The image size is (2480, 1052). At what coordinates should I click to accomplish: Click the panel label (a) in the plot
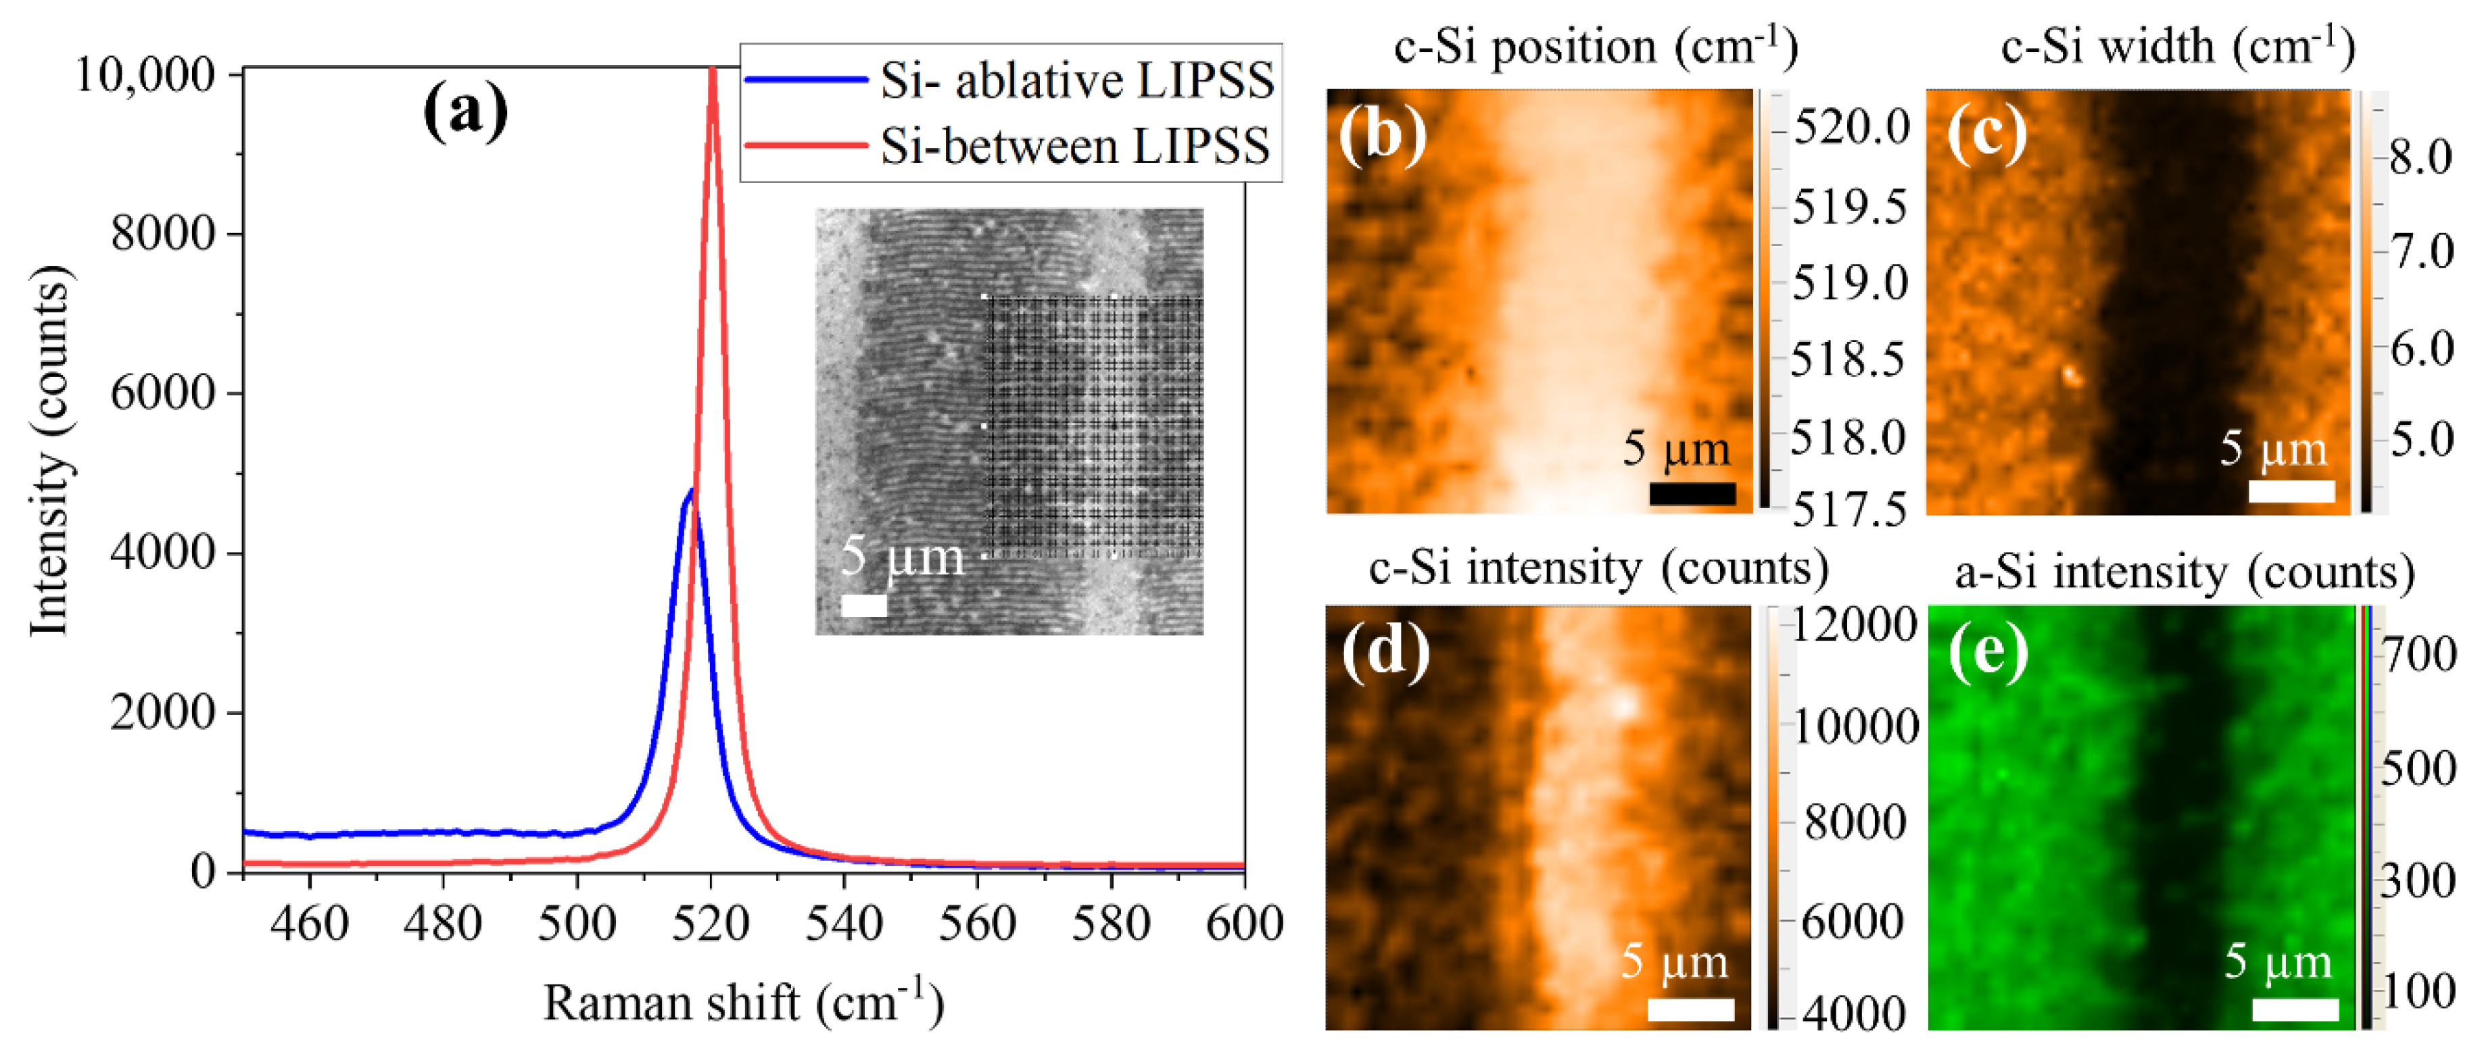(465, 111)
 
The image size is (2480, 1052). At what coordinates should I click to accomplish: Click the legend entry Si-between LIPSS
(1074, 147)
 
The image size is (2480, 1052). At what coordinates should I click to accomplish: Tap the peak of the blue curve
(690, 492)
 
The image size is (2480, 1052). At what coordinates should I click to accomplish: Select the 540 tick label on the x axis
(843, 924)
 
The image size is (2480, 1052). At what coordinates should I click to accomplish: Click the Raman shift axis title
(742, 1003)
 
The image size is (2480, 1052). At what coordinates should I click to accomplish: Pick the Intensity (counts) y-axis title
(50, 451)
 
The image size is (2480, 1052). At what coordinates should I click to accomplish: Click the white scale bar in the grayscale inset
(863, 605)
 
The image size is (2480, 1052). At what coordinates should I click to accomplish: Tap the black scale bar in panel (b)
(1692, 494)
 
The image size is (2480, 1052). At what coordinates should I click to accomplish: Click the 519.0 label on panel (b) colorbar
(1849, 283)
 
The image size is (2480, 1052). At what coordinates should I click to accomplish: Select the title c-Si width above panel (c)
(2178, 46)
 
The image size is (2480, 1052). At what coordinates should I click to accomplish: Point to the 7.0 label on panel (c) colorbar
(2423, 252)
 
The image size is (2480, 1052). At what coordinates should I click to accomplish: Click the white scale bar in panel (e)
(2295, 1009)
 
